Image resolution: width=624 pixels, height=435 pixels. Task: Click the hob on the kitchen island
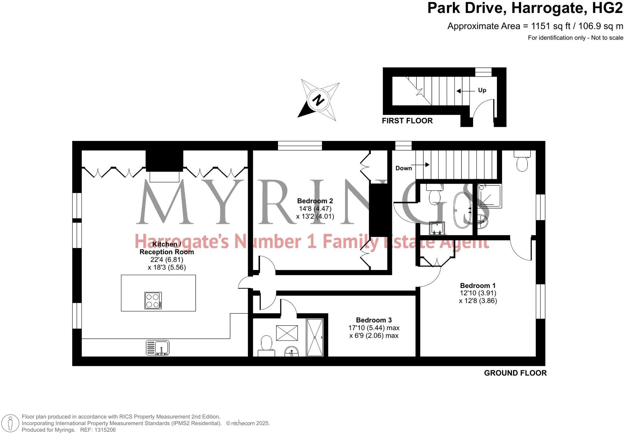coord(153,300)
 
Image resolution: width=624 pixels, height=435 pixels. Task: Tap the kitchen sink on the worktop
coord(158,348)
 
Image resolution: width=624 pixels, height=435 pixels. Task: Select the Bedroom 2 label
coord(315,201)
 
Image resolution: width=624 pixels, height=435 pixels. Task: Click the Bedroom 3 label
coord(374,320)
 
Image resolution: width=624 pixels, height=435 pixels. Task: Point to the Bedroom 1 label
coord(478,285)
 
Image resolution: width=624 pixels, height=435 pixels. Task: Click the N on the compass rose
coord(318,100)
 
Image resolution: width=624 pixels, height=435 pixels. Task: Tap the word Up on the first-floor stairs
coord(482,90)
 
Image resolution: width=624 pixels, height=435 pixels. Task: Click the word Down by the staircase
coord(404,168)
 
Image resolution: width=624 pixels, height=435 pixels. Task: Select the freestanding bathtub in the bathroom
coord(462,210)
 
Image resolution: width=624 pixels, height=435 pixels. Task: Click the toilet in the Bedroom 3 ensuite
coord(266,344)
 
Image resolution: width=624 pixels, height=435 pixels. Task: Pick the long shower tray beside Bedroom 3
coord(314,337)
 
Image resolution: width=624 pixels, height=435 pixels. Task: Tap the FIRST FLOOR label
coord(407,121)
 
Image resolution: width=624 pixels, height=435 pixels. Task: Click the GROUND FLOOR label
coord(515,373)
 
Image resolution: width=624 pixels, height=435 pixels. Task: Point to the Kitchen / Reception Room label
coord(167,248)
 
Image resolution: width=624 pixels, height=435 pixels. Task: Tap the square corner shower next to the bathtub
coord(489,196)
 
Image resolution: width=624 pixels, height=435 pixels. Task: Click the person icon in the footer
coord(10,423)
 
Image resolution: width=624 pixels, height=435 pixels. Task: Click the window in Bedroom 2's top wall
coord(300,146)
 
